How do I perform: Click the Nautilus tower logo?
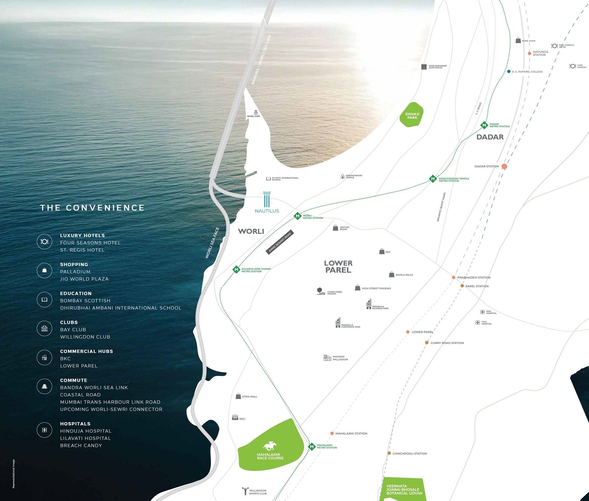pos(267,199)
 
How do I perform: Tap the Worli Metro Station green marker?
pos(297,216)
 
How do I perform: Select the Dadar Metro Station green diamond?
pos(484,125)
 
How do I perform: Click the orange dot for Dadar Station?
pos(504,166)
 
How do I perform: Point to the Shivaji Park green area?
pos(412,115)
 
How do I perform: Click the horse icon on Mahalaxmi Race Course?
pos(269,446)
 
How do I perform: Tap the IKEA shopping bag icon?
pos(382,251)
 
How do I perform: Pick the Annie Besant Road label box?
pos(280,242)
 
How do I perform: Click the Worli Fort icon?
pos(256,112)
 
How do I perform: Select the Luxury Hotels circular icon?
pos(44,242)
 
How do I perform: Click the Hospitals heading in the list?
pos(75,424)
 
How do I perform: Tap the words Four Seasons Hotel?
pos(90,243)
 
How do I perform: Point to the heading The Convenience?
pos(92,208)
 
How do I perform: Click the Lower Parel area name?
pos(338,267)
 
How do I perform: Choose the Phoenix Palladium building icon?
pos(327,358)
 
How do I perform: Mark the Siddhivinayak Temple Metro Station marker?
pos(433,178)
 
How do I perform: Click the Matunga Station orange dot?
pos(530,53)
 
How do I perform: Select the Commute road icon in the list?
pos(44,386)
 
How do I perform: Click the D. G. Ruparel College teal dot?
pos(509,71)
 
